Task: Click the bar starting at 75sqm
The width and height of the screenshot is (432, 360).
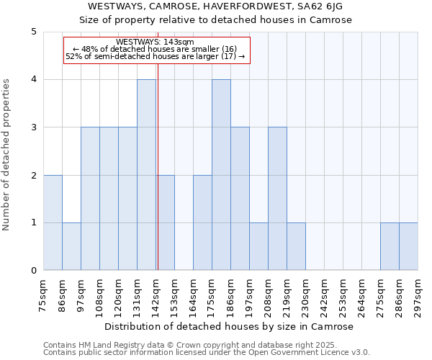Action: [x=53, y=222]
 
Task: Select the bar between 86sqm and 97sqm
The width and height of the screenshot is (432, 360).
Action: [x=71, y=246]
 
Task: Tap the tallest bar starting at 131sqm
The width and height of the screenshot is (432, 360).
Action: [x=146, y=175]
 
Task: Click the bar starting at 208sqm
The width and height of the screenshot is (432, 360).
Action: [x=277, y=199]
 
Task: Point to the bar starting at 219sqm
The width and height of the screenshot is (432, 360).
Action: [x=296, y=246]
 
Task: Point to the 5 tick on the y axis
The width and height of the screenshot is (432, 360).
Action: [x=34, y=32]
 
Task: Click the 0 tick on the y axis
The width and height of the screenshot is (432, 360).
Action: [x=34, y=271]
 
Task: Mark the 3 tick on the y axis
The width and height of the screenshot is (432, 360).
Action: [x=34, y=127]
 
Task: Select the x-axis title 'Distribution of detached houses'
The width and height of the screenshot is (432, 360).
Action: [x=230, y=327]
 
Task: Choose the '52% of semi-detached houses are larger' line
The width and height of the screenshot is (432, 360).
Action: [x=156, y=56]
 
